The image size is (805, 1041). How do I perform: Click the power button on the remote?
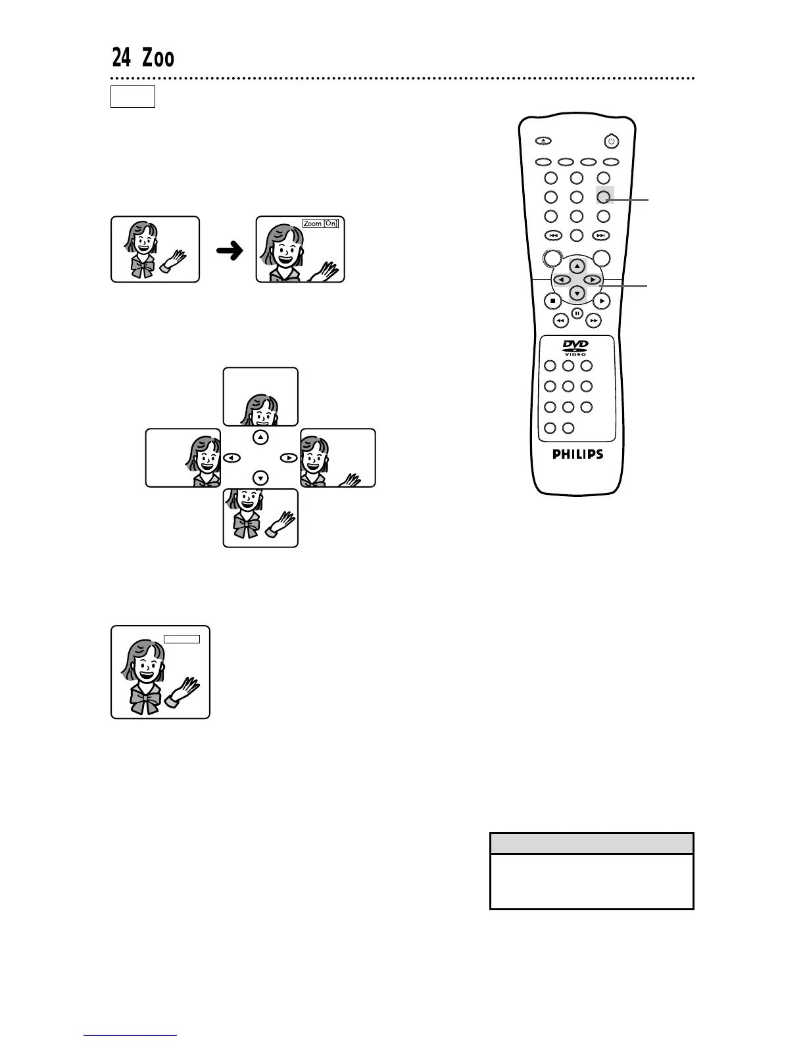[611, 141]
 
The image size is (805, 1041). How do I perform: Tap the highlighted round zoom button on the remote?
[604, 196]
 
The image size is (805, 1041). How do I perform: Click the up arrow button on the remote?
[577, 266]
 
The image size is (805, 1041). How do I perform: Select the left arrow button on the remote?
[562, 280]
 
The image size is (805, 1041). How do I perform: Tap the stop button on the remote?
[552, 301]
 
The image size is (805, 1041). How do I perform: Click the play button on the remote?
[602, 301]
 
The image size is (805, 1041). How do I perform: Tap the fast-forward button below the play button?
[594, 321]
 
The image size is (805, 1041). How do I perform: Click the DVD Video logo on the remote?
[576, 348]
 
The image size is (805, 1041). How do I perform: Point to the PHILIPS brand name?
[577, 454]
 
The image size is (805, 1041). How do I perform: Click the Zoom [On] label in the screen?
[321, 223]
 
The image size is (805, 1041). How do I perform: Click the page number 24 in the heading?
[121, 59]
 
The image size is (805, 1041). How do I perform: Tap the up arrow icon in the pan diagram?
[261, 437]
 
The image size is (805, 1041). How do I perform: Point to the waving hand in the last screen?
[183, 691]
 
